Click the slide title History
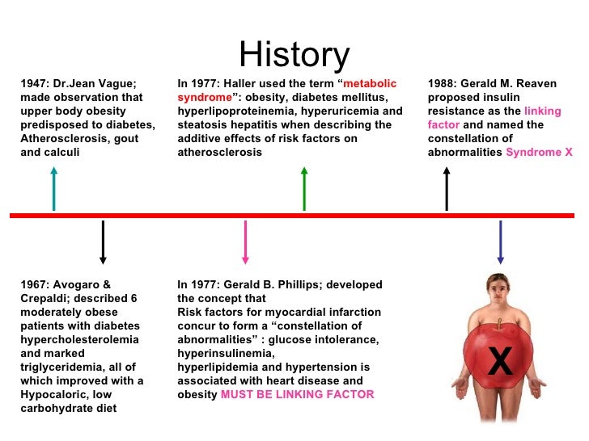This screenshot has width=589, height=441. (x=294, y=55)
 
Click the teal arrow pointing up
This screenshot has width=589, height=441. (x=53, y=188)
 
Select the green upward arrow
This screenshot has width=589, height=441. (x=304, y=188)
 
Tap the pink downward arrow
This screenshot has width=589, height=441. (x=245, y=242)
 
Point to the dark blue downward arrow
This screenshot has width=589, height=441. (x=500, y=242)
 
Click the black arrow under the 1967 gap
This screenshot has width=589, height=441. (x=103, y=242)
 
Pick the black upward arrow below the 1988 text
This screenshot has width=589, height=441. (x=447, y=188)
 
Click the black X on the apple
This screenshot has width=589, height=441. (x=500, y=362)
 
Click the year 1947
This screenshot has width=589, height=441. (x=34, y=83)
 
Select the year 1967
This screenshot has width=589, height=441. (x=34, y=284)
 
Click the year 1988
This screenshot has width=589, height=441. (x=443, y=83)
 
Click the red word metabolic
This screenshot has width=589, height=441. (x=370, y=83)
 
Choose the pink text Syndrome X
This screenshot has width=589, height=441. (x=539, y=152)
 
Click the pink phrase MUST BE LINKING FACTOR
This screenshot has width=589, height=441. (x=298, y=394)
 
